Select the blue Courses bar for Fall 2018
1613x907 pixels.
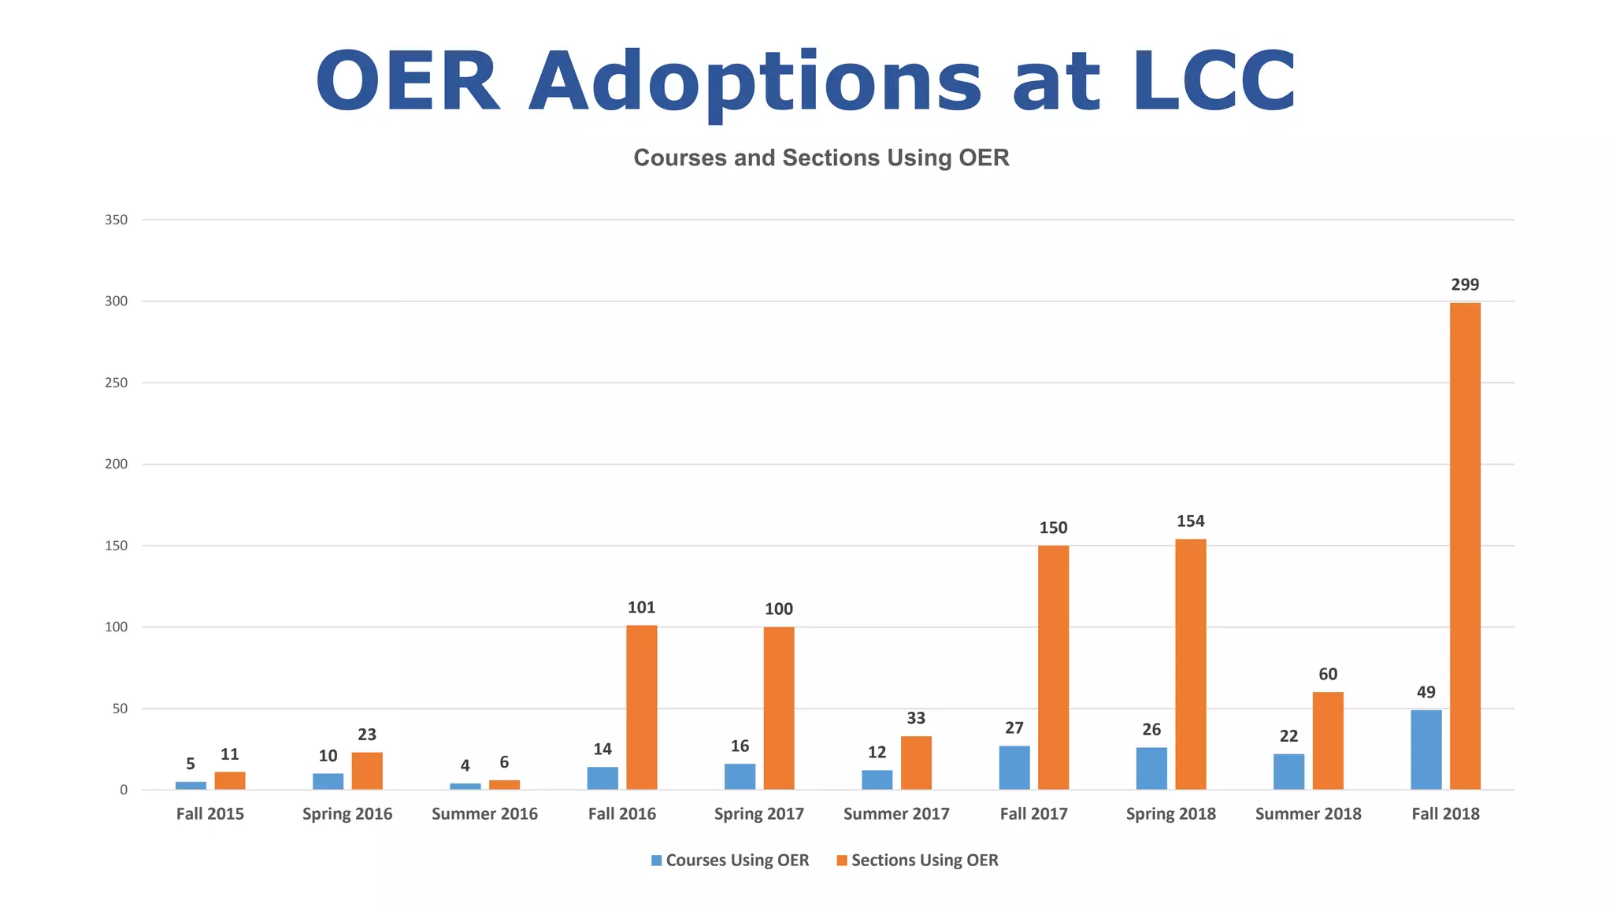click(x=1426, y=750)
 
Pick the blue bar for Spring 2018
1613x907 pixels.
click(x=1151, y=768)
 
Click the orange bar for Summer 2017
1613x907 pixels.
click(x=916, y=762)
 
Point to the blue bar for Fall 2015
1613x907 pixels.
click(x=191, y=785)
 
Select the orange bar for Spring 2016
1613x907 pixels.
click(x=367, y=771)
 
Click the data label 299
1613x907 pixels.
click(x=1465, y=285)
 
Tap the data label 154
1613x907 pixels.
click(x=1190, y=521)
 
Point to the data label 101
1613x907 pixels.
click(x=641, y=608)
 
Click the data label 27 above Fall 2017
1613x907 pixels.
click(x=1014, y=728)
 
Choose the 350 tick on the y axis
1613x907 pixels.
click(x=117, y=220)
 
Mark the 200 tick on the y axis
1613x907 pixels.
click(x=117, y=465)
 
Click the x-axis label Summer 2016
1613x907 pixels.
click(x=484, y=814)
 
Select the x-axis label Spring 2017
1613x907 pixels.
click(x=758, y=814)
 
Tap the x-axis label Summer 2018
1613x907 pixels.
click(x=1308, y=814)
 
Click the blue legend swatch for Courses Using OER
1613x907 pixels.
click(x=656, y=861)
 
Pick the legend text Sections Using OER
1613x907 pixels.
click(x=925, y=861)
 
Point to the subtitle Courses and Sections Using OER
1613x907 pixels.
click(x=821, y=158)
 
